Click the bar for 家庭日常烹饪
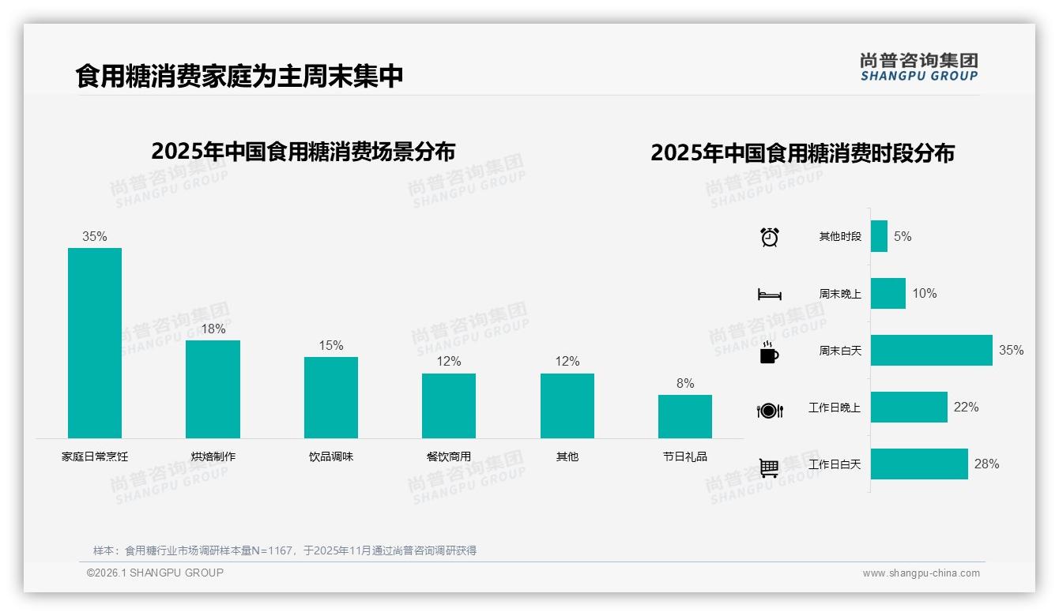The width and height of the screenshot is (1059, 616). click(95, 343)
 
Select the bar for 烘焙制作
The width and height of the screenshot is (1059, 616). click(213, 389)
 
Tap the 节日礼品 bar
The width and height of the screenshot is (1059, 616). click(684, 416)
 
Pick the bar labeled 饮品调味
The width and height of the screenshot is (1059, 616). click(331, 397)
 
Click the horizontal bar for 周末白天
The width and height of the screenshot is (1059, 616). click(931, 350)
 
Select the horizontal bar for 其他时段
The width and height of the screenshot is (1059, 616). click(879, 236)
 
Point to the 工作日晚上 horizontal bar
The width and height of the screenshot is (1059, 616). click(909, 407)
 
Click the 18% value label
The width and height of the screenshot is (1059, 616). click(213, 329)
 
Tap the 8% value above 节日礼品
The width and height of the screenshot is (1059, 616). click(684, 383)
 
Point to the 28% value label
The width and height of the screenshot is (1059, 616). click(986, 464)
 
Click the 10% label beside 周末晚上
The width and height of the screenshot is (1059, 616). click(924, 293)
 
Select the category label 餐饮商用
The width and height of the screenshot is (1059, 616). click(448, 456)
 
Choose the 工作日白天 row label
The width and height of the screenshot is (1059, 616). click(834, 464)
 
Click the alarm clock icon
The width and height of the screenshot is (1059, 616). click(769, 237)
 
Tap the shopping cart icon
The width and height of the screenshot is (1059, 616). click(769, 468)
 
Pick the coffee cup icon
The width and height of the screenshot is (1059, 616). click(769, 352)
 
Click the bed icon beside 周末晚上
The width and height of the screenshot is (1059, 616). click(769, 295)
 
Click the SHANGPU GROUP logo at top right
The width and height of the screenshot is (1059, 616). click(918, 67)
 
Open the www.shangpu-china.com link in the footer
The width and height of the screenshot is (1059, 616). click(921, 573)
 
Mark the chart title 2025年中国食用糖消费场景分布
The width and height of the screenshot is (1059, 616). click(303, 151)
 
